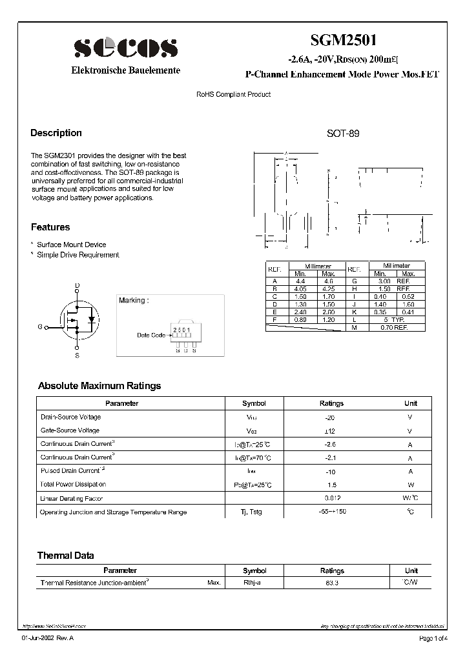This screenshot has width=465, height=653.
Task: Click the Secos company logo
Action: point(125,48)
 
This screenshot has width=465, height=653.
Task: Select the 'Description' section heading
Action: point(56,133)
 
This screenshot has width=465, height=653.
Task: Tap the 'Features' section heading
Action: point(50,227)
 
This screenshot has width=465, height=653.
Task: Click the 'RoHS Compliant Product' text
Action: point(233,95)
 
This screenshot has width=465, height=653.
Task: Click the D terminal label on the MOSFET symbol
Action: point(77,285)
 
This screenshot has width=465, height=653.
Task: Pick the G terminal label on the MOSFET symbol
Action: point(40,327)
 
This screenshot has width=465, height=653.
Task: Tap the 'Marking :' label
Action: point(134,300)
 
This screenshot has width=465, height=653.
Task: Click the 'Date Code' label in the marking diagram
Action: point(151,336)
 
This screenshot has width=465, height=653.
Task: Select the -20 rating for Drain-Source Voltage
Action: point(331,417)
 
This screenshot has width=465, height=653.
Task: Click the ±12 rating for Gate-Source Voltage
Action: point(331,430)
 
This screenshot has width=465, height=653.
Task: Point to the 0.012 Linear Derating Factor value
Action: point(331,498)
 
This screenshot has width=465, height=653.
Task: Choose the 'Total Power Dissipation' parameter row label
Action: point(73,484)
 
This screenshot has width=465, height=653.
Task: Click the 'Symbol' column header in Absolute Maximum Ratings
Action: point(254,403)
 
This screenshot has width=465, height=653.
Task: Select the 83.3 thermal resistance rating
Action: point(331,583)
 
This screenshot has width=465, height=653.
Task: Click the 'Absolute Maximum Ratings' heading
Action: point(99,386)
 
